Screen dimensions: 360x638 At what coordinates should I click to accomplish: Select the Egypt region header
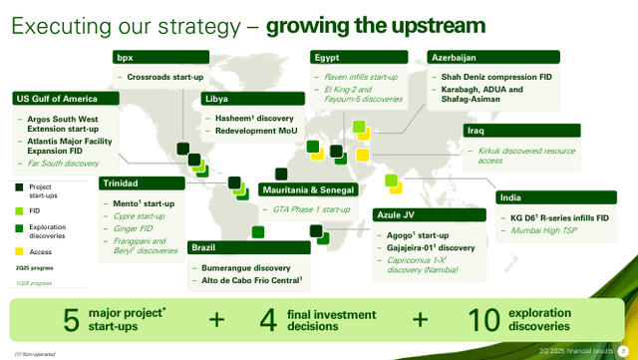click(327, 58)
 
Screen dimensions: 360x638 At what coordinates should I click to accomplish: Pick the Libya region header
click(216, 100)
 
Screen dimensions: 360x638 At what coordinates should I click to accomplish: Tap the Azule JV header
click(399, 214)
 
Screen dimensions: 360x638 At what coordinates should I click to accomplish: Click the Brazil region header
click(203, 247)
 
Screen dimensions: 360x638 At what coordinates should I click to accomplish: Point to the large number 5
click(72, 320)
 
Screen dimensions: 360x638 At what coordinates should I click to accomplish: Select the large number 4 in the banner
click(267, 320)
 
